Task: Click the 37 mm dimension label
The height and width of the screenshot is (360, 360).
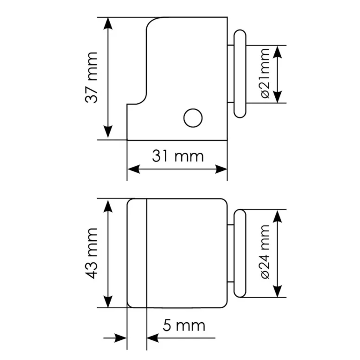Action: (x=91, y=78)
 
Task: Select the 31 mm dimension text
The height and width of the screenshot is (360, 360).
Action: (x=178, y=156)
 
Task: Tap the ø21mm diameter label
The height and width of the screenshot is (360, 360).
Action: (x=265, y=74)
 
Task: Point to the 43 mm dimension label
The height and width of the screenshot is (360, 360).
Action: (x=91, y=253)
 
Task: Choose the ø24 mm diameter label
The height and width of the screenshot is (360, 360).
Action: (x=265, y=252)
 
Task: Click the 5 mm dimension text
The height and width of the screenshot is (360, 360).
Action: (x=184, y=326)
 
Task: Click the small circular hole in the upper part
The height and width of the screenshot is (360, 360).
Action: (x=193, y=118)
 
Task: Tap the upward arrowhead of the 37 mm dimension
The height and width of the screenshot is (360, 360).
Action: (x=108, y=24)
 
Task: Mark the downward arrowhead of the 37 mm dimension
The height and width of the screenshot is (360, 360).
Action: (x=108, y=132)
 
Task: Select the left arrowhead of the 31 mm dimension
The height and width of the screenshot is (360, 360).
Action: (x=134, y=169)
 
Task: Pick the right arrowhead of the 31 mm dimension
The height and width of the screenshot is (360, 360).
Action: (x=221, y=169)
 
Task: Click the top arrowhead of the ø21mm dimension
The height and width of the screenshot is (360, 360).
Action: (x=278, y=52)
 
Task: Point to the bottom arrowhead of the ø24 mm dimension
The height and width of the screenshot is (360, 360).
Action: (x=278, y=291)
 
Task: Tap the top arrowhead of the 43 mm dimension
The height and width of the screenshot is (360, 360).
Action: (x=108, y=205)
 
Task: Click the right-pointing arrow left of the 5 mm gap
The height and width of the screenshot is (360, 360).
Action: (x=115, y=338)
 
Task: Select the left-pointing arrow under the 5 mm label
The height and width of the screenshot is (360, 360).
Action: (x=181, y=338)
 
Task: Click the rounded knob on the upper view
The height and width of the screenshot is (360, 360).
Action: (x=240, y=74)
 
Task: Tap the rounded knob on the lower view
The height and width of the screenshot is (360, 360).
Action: (x=240, y=253)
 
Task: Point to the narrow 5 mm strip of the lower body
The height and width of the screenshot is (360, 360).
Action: (x=137, y=253)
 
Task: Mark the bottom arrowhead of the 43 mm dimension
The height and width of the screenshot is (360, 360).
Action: (x=108, y=301)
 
